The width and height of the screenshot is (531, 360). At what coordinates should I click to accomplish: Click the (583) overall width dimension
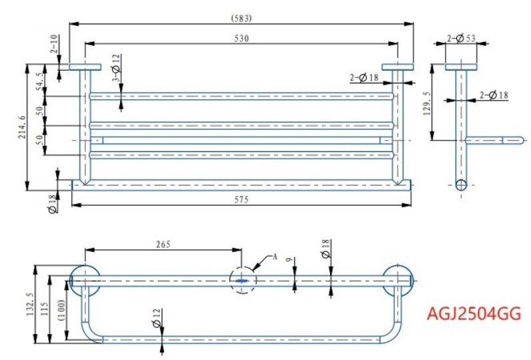tap(241, 17)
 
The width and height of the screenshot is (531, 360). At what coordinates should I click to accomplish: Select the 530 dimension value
tap(241, 39)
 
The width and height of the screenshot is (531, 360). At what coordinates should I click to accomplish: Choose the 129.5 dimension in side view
tap(427, 103)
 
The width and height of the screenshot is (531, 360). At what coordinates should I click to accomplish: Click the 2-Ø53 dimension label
tap(461, 38)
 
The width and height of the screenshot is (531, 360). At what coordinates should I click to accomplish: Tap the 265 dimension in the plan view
tap(163, 244)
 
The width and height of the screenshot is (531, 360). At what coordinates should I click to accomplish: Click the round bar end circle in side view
tap(461, 185)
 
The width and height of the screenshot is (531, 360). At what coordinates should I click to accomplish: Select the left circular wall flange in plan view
tap(85, 279)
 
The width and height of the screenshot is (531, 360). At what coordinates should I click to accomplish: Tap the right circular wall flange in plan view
tap(398, 279)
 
